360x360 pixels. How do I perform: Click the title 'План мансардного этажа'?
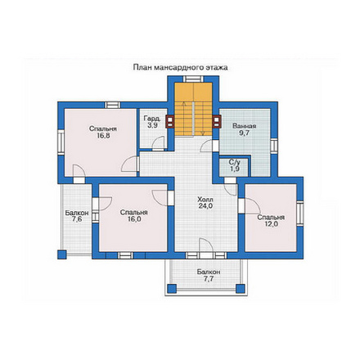(180, 67)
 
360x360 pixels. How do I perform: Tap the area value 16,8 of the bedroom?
(103, 136)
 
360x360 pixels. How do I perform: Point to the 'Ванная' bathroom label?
(244, 126)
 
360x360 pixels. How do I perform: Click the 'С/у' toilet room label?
(234, 163)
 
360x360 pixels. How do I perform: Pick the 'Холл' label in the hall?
(205, 200)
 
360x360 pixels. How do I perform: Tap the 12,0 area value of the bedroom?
(271, 224)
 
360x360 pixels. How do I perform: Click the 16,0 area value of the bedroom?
(134, 219)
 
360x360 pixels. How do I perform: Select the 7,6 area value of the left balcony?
(77, 219)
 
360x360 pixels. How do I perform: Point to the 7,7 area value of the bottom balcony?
(209, 278)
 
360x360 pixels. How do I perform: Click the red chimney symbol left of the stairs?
(169, 122)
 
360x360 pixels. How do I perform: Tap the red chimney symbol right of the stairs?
(217, 122)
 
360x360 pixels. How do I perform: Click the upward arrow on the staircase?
(184, 118)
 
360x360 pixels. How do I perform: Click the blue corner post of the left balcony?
(62, 254)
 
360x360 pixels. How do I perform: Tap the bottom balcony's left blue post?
(171, 289)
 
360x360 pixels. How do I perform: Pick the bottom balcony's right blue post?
(240, 289)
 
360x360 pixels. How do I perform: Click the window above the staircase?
(193, 79)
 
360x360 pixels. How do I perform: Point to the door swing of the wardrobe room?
(158, 143)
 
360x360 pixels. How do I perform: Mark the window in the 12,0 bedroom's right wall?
(299, 214)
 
